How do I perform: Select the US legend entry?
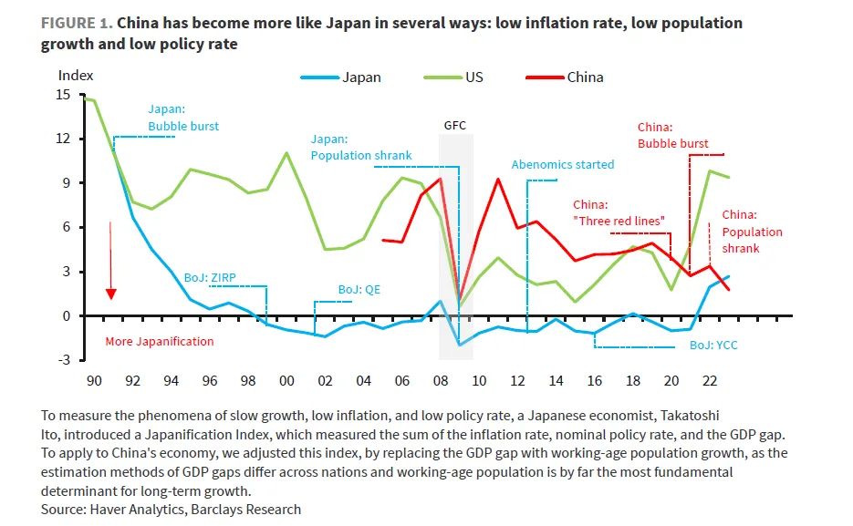point(474,77)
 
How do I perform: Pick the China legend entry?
point(585,77)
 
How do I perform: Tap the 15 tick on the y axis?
point(63,95)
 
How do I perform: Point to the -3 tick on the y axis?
point(63,360)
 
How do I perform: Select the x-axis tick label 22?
point(709,380)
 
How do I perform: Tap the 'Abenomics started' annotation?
point(562,165)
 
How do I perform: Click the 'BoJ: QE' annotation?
point(359,290)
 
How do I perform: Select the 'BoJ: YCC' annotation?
point(713,346)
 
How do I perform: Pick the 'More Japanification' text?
point(159,342)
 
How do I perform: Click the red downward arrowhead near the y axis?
point(110,294)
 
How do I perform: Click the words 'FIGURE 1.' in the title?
point(76,23)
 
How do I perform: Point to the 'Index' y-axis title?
point(76,76)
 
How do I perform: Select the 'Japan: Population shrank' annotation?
point(361,148)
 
